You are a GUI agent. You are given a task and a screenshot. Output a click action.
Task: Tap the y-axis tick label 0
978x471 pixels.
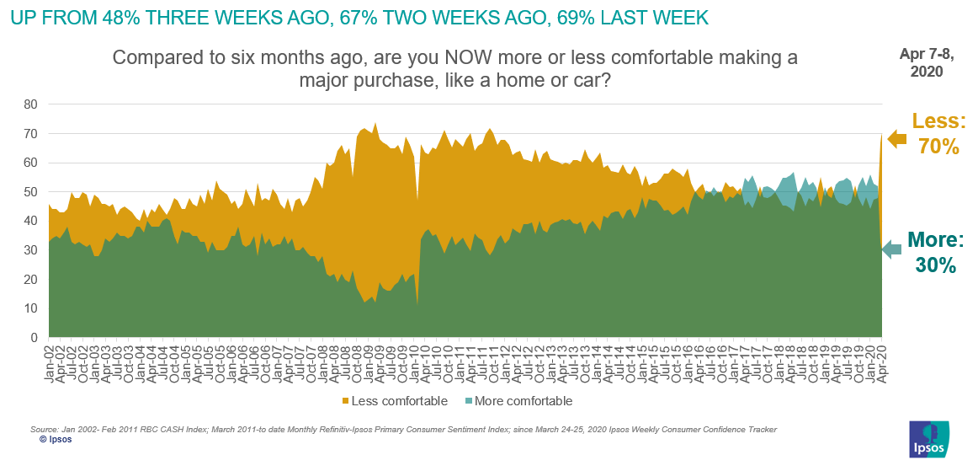[34, 338]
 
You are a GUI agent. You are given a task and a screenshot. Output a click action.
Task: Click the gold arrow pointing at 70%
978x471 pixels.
[897, 139]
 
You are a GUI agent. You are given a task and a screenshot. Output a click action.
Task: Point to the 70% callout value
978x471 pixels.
[938, 146]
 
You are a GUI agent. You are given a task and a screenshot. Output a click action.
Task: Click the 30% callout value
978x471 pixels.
[937, 265]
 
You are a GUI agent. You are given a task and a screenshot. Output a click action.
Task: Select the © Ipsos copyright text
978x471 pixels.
[55, 440]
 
